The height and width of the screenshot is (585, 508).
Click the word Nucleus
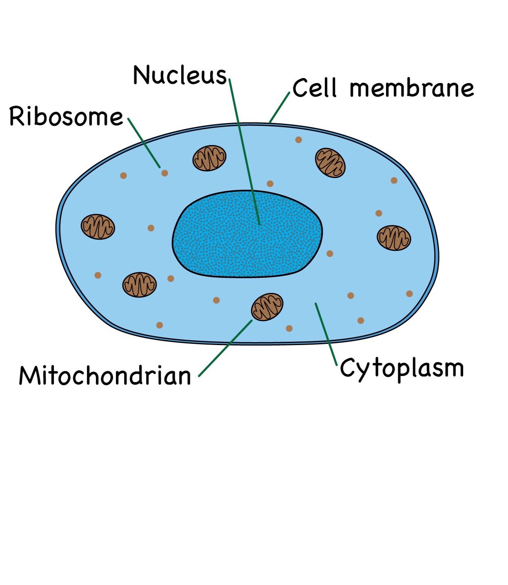click(180, 75)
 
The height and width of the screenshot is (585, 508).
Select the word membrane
click(412, 88)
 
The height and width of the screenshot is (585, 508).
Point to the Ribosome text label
click(66, 117)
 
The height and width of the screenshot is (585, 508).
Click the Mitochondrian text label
click(105, 376)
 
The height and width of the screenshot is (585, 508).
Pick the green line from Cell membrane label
click(280, 107)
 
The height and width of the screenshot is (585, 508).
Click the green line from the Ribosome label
click(144, 143)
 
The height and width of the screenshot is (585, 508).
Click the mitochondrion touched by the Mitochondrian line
click(267, 307)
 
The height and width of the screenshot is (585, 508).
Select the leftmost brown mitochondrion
click(98, 227)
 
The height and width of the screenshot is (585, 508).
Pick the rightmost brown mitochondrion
click(394, 238)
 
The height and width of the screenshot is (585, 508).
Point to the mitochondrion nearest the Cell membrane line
click(330, 163)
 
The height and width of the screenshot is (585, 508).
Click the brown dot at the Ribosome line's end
click(165, 173)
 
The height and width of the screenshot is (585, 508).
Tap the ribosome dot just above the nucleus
click(270, 184)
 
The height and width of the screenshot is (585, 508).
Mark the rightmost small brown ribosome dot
click(410, 294)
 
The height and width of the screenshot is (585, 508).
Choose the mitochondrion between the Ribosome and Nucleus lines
click(209, 158)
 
